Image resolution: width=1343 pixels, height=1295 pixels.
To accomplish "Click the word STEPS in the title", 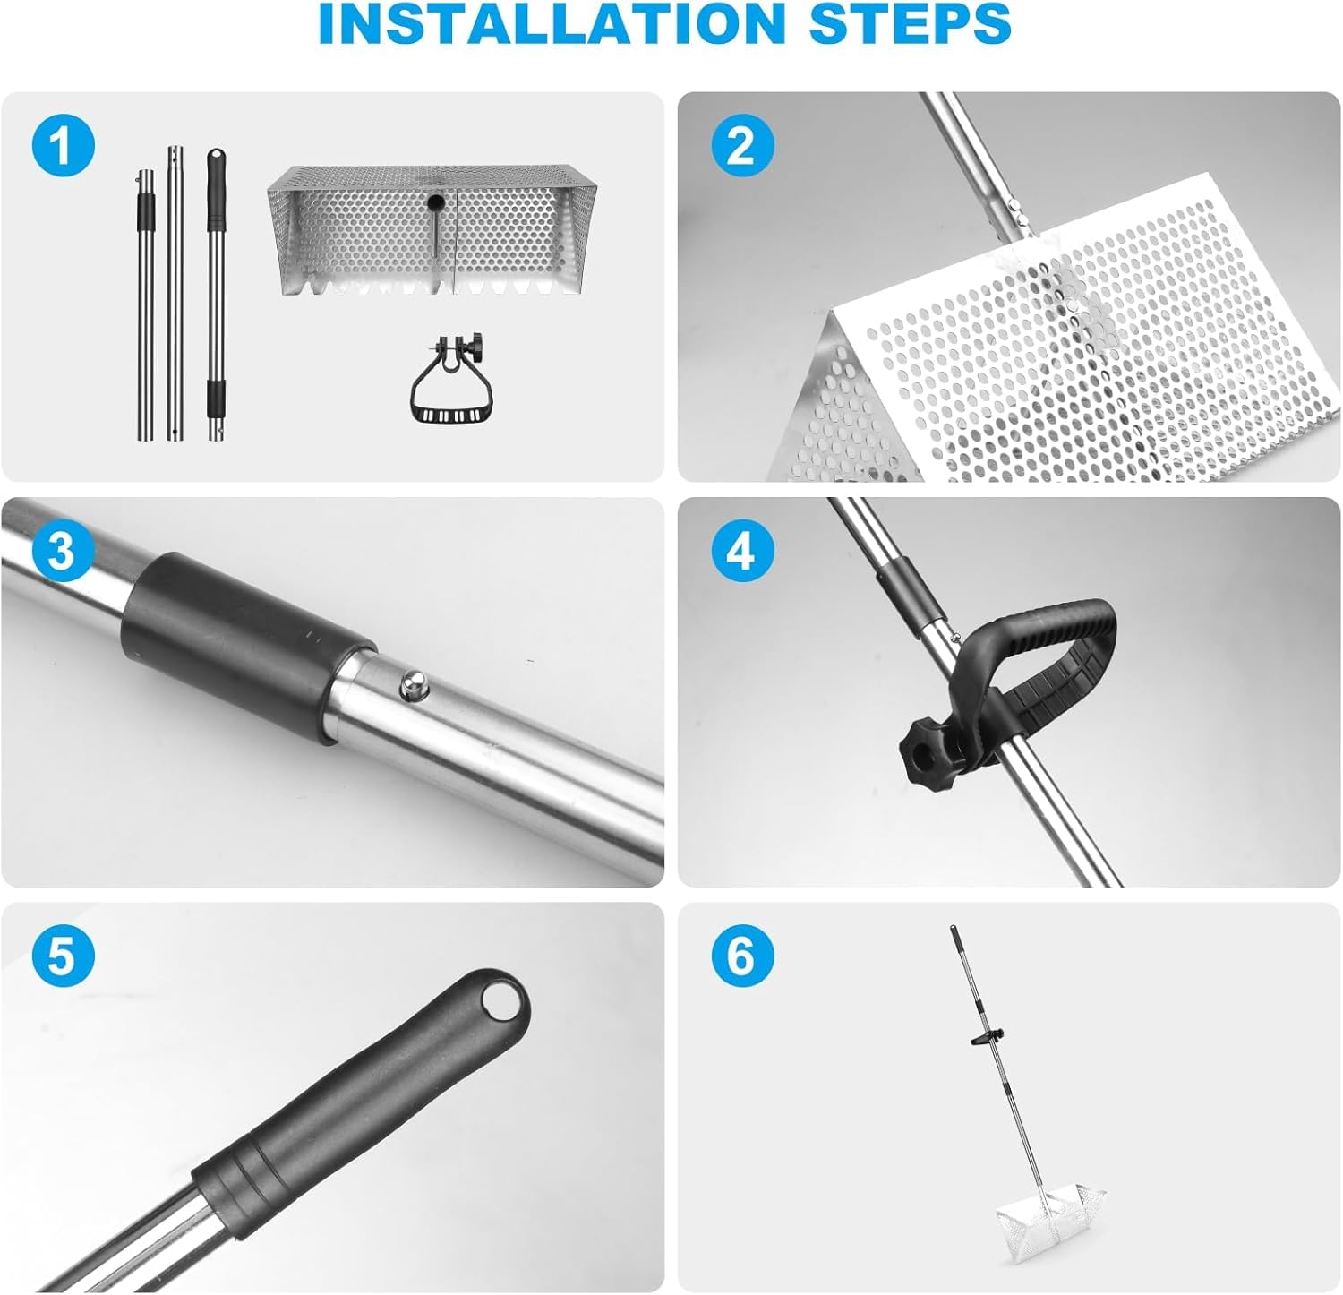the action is (x=911, y=25).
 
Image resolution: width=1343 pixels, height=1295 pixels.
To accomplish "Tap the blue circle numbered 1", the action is (x=63, y=146).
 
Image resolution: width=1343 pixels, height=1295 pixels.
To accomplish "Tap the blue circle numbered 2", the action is (x=740, y=146).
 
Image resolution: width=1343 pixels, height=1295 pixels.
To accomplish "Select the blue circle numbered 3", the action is (x=60, y=552).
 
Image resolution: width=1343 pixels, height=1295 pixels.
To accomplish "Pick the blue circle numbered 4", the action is (x=740, y=552).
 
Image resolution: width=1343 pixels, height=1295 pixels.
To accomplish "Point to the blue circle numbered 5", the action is (x=60, y=956).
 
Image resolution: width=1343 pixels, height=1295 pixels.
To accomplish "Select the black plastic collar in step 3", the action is (x=246, y=644).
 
